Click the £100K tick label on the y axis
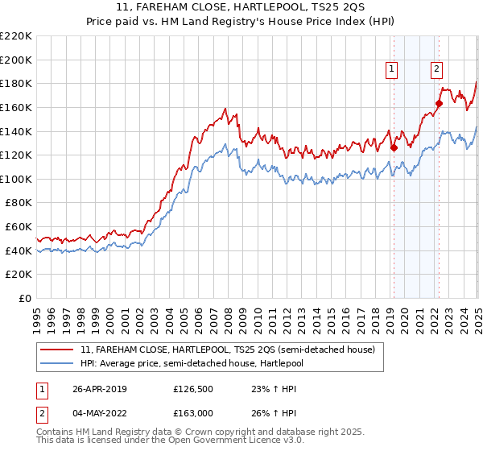pyautogui.click(x=16, y=179)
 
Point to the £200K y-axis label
pyautogui.click(x=16, y=60)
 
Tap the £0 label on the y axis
pyautogui.click(x=23, y=298)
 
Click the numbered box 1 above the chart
pyautogui.click(x=391, y=70)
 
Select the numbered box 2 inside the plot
pyautogui.click(x=437, y=70)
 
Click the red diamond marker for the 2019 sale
pyautogui.click(x=394, y=147)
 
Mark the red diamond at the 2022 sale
pyautogui.click(x=440, y=103)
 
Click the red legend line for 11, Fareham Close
pyautogui.click(x=58, y=350)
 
